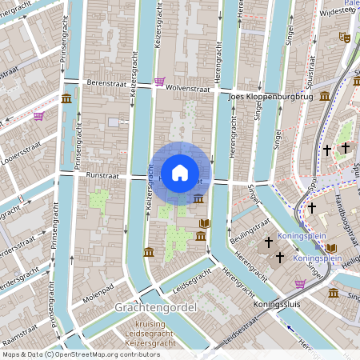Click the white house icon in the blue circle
[x=180, y=172]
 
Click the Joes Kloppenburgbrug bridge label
[x=270, y=97]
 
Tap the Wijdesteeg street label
[x=336, y=11]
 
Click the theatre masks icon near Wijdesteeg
[x=345, y=37]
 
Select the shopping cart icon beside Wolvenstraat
[x=160, y=82]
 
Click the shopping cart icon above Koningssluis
[x=300, y=283]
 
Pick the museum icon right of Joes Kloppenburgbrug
[x=325, y=96]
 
